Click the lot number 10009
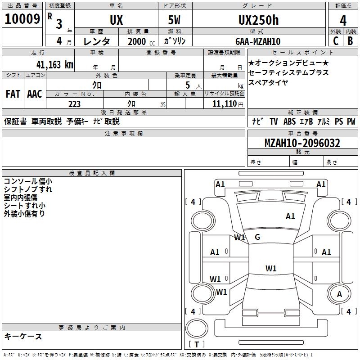(x=22, y=19)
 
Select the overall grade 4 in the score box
(x=343, y=21)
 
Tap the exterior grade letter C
(x=336, y=41)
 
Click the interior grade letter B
(x=350, y=41)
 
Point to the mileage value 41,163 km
(x=54, y=65)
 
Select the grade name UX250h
(x=258, y=20)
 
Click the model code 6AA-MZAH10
(x=258, y=41)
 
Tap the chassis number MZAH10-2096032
(x=302, y=143)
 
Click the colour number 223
(x=74, y=104)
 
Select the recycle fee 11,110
(x=224, y=104)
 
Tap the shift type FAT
(x=13, y=94)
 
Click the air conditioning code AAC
(x=35, y=94)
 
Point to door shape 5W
(x=174, y=20)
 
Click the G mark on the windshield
(x=257, y=237)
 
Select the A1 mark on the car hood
(x=290, y=216)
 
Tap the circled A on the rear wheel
(x=339, y=294)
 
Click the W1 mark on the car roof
(x=271, y=268)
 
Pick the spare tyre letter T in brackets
(x=197, y=344)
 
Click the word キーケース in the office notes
(x=23, y=337)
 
